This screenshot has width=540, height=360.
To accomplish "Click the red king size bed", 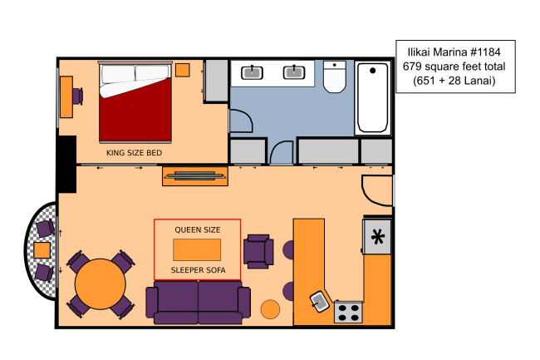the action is coord(135,102).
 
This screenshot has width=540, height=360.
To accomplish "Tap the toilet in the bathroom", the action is coord(335,76).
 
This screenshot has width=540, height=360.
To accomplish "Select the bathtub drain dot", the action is coord(373,71).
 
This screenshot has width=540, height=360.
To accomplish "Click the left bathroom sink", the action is coord(252,72).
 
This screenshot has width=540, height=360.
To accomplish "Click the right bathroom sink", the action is coord(294,72).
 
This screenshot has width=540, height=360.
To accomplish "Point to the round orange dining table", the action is coord(101,284).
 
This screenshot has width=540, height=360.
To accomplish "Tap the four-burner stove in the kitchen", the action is coord(348,312).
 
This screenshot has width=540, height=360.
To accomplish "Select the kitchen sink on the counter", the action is coord(320,302).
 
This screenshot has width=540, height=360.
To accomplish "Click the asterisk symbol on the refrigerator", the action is coord(378,237).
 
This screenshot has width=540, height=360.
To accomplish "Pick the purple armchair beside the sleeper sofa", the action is coord(258,251).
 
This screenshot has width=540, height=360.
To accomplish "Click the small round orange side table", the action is coord(270,309).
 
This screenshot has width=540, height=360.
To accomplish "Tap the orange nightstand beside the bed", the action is coord(183,70).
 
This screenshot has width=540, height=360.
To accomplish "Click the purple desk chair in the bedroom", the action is coord(78,96).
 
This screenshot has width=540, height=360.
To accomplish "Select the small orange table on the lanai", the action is coord(42,250).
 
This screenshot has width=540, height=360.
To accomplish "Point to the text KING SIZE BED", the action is coord(135,153).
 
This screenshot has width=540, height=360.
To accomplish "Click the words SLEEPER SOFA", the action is coord(199,270).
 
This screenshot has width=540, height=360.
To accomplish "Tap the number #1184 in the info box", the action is coord(486,52).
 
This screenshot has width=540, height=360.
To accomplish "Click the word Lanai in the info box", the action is coord(477,81).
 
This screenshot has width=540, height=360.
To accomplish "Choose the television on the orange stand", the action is coord(195,175).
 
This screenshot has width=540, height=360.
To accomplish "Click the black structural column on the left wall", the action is coord(66,164).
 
